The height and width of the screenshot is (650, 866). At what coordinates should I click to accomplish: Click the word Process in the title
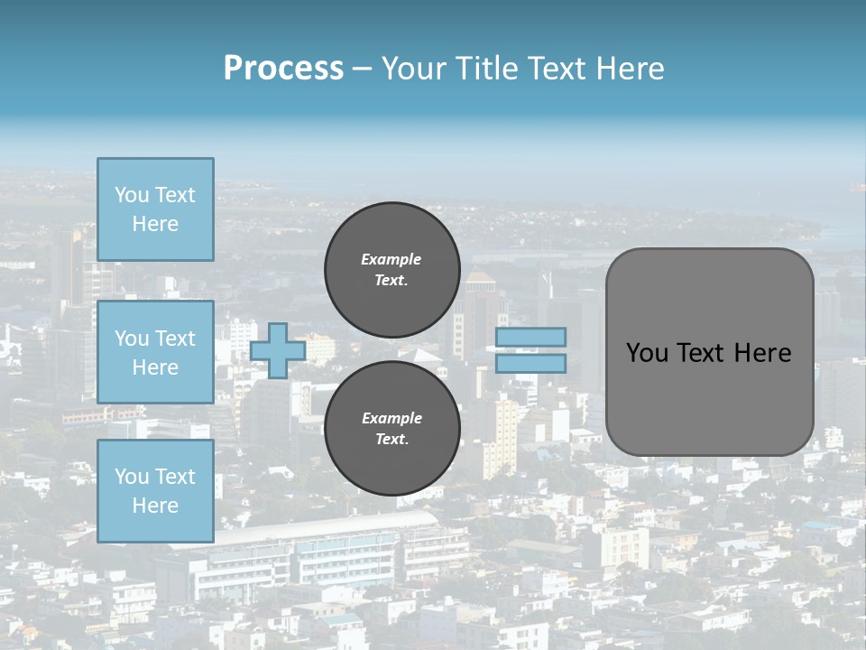click(283, 69)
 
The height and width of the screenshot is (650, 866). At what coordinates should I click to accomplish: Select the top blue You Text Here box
click(155, 209)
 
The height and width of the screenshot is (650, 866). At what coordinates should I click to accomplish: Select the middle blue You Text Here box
click(155, 352)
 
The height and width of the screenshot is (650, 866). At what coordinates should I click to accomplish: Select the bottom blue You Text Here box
click(155, 491)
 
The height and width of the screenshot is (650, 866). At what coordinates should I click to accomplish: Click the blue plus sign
click(278, 350)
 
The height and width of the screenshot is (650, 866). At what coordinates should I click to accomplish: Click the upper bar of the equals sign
click(531, 337)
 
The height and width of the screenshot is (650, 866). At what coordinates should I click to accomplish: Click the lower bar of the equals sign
click(531, 363)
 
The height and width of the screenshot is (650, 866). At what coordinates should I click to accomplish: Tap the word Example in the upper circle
click(391, 259)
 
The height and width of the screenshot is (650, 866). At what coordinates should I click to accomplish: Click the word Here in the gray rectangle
click(762, 353)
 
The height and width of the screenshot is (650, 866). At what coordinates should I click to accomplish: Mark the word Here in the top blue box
click(155, 224)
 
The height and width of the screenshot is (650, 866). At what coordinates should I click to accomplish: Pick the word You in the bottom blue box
click(131, 477)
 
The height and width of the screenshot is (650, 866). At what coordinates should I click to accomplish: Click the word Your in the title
click(416, 69)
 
